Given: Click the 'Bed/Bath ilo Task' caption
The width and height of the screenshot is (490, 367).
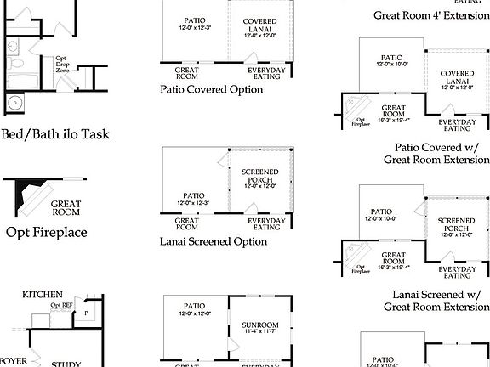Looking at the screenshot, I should [56, 133].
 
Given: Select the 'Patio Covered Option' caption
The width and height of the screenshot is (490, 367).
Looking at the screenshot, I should [212, 88].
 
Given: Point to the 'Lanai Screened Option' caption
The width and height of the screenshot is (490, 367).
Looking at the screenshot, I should [214, 241].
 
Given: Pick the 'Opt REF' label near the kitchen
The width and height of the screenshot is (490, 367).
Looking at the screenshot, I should [61, 305].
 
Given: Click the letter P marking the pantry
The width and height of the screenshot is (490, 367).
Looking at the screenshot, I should [86, 313].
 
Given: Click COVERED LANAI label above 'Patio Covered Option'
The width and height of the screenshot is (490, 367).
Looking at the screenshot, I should [259, 26].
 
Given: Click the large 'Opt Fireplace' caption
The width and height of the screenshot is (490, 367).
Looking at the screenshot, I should [48, 232].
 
